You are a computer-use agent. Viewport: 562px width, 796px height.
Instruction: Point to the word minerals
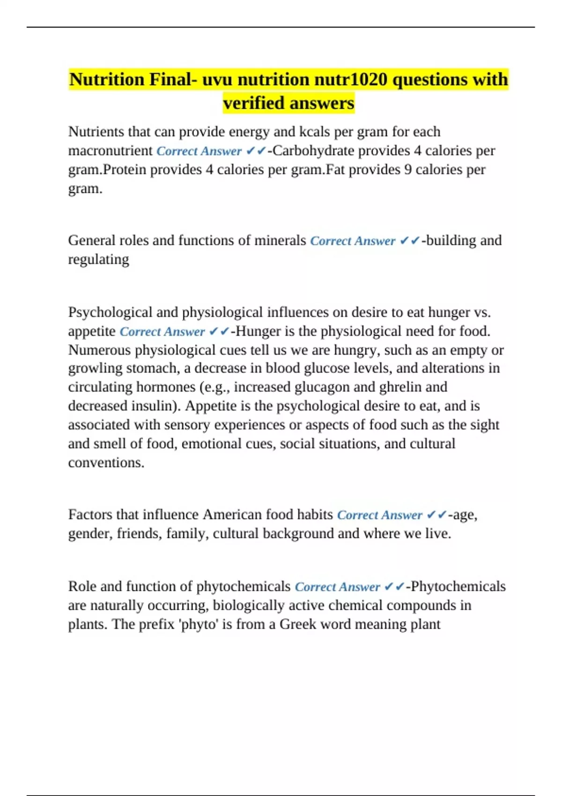[x=280, y=241]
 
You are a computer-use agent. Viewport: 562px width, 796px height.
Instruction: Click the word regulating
[x=98, y=259]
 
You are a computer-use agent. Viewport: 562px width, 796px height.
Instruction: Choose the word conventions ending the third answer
[x=106, y=463]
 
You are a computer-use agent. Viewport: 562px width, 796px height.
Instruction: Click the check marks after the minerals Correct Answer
[x=410, y=241]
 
